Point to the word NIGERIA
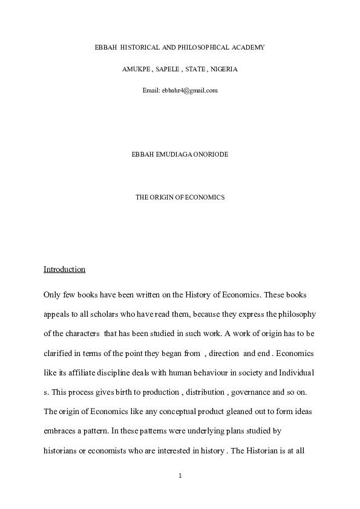click(x=224, y=69)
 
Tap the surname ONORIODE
click(x=212, y=155)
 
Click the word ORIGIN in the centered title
click(x=165, y=197)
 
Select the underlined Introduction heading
click(x=64, y=269)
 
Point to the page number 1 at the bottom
click(x=180, y=476)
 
